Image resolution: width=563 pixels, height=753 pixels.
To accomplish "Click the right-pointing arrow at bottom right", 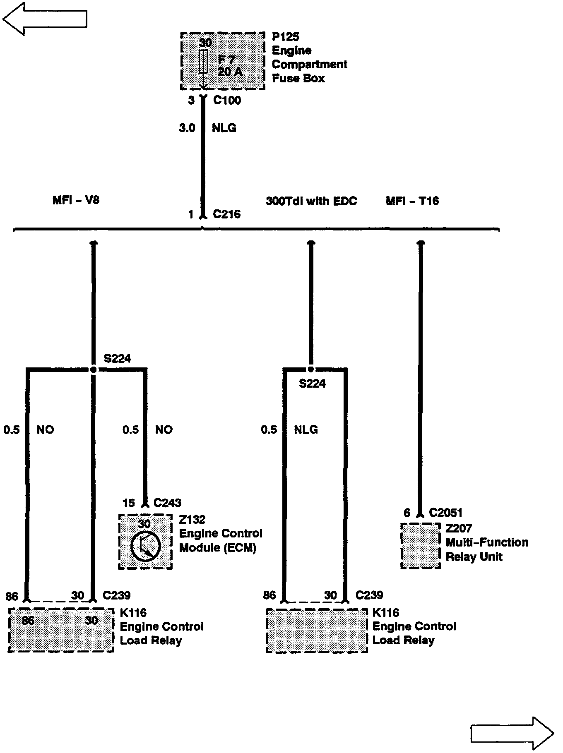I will click(512, 734).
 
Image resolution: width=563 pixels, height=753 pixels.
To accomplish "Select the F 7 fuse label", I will click(226, 60).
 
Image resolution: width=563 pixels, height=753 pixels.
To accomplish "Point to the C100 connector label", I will click(227, 100).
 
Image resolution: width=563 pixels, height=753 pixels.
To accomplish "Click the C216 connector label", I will click(226, 214).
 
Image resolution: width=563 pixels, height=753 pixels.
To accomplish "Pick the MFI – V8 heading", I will click(76, 200).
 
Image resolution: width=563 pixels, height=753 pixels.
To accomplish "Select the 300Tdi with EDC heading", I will click(311, 201).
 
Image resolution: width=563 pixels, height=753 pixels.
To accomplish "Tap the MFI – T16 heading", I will click(412, 201).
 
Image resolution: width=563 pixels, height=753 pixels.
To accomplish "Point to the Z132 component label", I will click(192, 519).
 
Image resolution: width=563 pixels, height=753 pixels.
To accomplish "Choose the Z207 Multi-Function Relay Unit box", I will click(421, 545).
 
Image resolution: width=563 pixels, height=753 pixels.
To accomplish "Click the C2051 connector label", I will click(445, 513).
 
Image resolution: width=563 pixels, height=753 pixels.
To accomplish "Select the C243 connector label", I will click(167, 503).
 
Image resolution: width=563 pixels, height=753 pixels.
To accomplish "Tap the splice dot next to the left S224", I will click(94, 369).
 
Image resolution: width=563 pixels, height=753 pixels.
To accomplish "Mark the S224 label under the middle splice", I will click(312, 384).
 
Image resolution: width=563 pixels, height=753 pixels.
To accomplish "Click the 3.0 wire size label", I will click(187, 128).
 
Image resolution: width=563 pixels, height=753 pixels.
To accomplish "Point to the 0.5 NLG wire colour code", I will click(306, 430).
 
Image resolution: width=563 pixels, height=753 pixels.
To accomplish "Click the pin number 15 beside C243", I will click(129, 503).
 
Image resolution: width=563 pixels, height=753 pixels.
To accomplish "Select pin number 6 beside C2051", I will click(407, 513).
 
